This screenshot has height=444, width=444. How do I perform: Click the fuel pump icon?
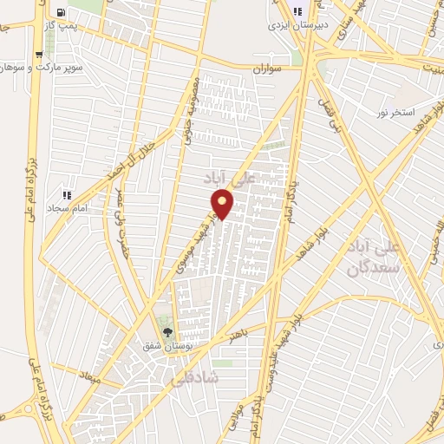click(61, 12)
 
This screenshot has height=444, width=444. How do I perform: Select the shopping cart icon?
click(40, 54)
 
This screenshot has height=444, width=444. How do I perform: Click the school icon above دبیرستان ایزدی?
click(298, 12)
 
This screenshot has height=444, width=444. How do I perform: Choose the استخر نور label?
click(395, 113)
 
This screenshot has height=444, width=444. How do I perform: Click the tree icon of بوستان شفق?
click(168, 332)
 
